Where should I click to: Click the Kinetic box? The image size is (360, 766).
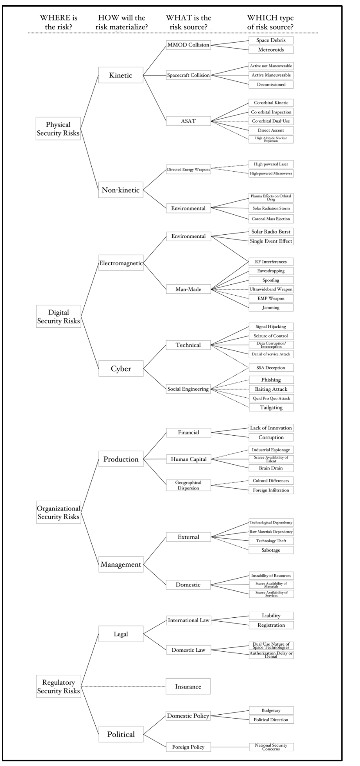tap(120, 75)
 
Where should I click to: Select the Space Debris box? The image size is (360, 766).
tap(271, 40)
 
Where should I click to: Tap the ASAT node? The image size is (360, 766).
tap(188, 121)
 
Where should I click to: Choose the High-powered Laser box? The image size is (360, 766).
tap(271, 164)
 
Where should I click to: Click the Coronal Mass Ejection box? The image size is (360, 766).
tap(271, 219)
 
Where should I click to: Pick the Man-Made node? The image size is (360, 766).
tap(188, 289)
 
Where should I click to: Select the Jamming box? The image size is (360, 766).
tap(271, 307)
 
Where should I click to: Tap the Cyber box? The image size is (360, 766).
tap(120, 369)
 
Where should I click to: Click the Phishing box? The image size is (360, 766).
tap(271, 380)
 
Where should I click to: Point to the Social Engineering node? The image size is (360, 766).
tap(188, 389)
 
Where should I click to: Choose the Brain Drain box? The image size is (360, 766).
tap(271, 468)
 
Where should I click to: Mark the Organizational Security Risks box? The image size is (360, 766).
tap(58, 512)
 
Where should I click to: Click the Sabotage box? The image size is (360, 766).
tap(271, 550)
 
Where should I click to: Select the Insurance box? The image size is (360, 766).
tap(188, 686)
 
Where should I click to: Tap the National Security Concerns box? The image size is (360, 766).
tap(271, 747)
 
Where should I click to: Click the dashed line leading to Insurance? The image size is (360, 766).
tap(123, 686)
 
